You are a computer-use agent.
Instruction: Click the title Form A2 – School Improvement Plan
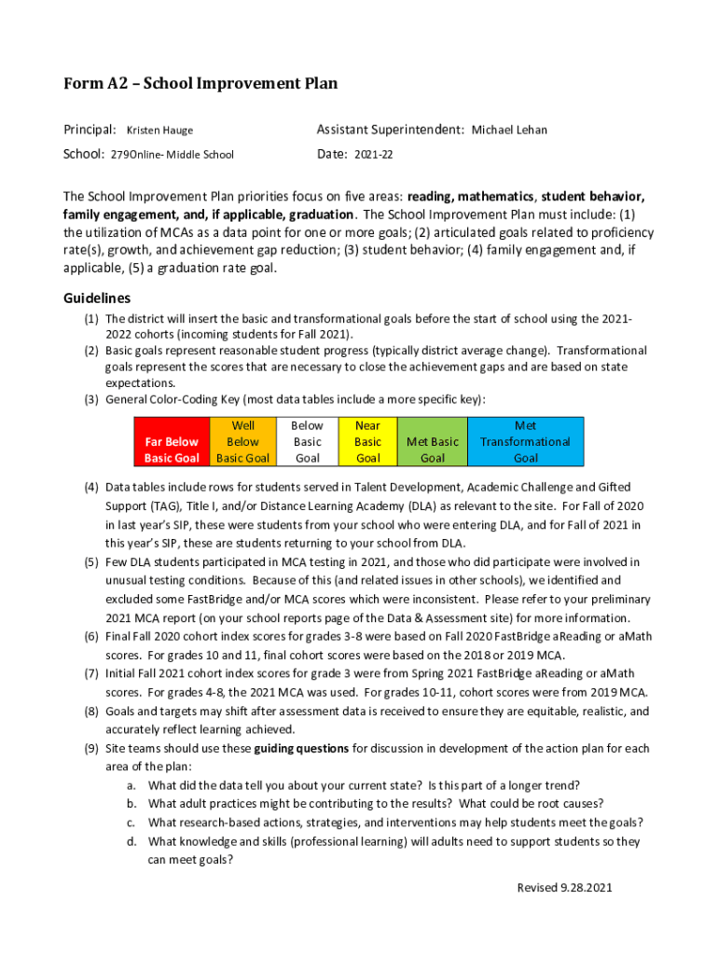click(x=200, y=85)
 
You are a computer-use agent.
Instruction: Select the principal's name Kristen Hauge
click(x=159, y=131)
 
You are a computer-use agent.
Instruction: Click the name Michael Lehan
click(x=509, y=131)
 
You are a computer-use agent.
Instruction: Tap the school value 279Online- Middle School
click(x=173, y=155)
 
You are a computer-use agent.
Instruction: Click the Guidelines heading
click(x=96, y=298)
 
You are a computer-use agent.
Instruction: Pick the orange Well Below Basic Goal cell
click(x=243, y=441)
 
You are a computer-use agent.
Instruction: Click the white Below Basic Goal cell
click(x=307, y=441)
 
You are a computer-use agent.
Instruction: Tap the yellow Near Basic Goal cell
click(x=367, y=441)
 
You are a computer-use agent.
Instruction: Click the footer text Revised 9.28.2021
click(x=565, y=888)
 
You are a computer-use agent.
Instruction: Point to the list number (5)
click(x=91, y=562)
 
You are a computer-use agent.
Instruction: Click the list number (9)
click(x=91, y=749)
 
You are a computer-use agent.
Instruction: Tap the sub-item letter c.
click(x=132, y=823)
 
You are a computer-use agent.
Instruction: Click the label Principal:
click(x=90, y=130)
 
